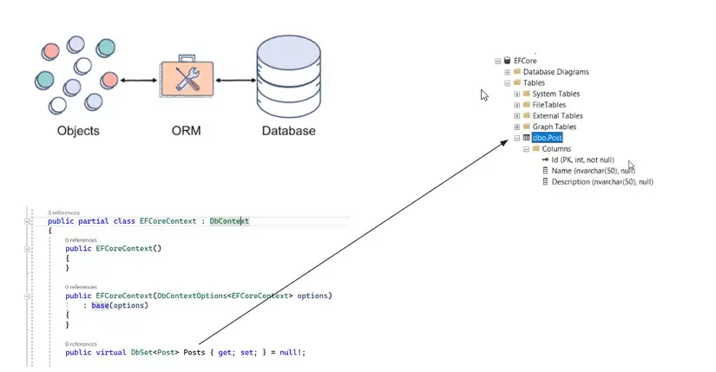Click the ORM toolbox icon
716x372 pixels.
coord(186,80)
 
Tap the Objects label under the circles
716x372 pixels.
coord(78,132)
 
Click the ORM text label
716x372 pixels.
coord(186,132)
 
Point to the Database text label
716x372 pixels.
coord(288,132)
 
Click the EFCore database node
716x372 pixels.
coord(526,61)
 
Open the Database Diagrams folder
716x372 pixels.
coord(555,72)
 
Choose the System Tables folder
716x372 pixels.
coord(555,94)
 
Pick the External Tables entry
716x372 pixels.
coord(557,115)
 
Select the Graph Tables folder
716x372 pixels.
coord(554,127)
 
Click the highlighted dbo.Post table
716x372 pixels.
coord(548,138)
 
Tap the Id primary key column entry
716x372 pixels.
coord(582,160)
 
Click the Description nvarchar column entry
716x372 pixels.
coord(601,181)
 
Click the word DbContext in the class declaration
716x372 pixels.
coord(229,221)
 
